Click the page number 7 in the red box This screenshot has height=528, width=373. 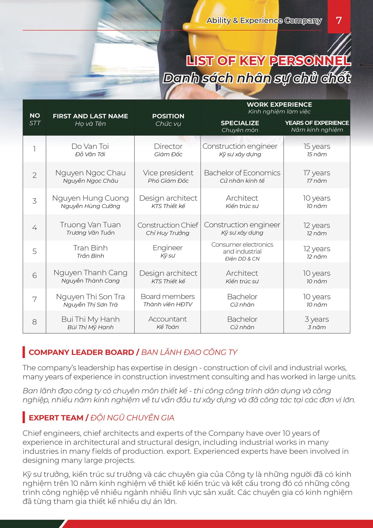point(339,20)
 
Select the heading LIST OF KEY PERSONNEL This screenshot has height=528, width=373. point(268,61)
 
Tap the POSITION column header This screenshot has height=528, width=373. point(168,119)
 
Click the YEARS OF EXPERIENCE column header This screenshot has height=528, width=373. point(317,126)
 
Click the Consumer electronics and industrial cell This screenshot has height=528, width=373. point(242,251)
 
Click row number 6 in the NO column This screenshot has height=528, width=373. point(35,275)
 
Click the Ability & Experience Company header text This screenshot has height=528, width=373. point(264,21)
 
